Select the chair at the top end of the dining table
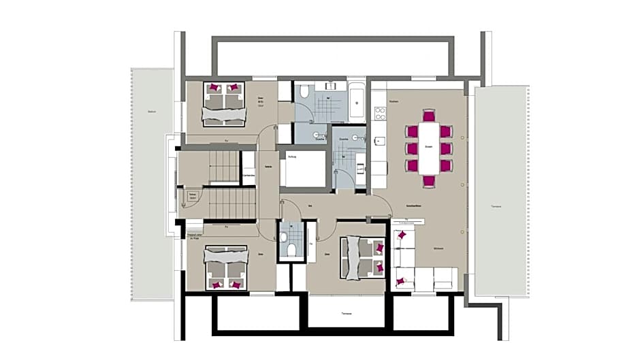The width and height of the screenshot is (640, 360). (429, 116)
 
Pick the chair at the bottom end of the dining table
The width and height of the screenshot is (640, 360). (429, 181)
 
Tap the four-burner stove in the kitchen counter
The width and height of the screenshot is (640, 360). (379, 113)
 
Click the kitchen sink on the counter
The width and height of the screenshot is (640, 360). (379, 142)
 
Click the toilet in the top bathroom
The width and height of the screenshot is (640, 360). (304, 92)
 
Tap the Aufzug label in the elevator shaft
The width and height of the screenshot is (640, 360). (293, 156)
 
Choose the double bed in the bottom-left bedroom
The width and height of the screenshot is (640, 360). (225, 268)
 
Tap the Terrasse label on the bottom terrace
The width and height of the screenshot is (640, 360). (346, 314)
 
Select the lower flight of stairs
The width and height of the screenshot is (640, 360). (231, 203)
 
